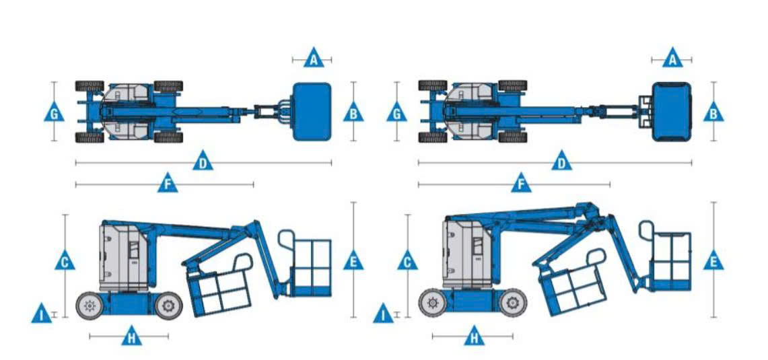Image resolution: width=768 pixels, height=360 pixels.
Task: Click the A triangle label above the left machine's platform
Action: [314, 59]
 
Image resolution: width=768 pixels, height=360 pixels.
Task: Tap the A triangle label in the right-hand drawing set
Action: [673, 59]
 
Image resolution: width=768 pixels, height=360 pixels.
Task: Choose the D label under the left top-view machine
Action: [203, 161]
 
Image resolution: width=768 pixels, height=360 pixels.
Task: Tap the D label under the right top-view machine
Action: [562, 161]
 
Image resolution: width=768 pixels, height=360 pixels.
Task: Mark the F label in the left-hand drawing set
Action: [168, 184]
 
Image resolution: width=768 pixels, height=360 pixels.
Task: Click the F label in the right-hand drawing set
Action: [521, 184]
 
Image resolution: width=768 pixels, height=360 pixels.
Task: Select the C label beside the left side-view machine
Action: [65, 261]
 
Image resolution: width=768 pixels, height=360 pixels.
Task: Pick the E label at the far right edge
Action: [713, 261]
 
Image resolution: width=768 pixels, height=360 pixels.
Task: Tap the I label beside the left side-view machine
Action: [41, 314]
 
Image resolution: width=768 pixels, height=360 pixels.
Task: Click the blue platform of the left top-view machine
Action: [312, 112]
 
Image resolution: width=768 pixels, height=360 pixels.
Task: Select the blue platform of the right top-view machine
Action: [672, 112]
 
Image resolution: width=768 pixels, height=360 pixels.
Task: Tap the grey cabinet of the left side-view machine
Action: [123, 257]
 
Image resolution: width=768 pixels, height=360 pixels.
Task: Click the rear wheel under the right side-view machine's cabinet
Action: [433, 303]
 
